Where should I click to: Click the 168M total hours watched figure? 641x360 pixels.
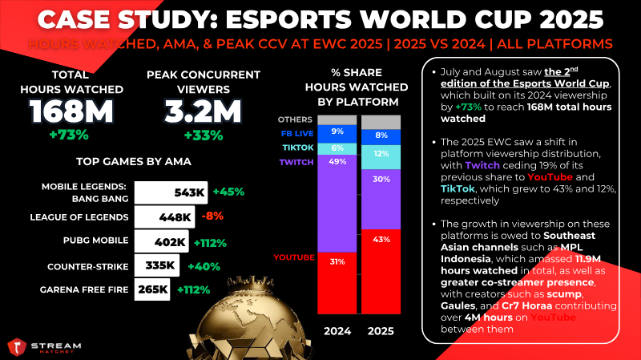point(71,111)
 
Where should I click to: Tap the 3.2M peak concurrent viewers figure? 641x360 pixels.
point(204,111)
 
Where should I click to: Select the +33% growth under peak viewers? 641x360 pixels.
point(204,136)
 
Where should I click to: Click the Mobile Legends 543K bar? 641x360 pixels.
point(171,192)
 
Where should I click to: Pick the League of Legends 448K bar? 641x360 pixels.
point(164,216)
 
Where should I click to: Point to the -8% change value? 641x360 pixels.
point(212,216)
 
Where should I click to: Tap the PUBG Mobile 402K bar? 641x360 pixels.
point(162,241)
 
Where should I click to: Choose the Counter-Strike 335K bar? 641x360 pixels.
point(156,265)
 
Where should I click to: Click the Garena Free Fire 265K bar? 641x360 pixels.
point(152,289)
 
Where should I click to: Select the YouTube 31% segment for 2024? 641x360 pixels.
point(337,283)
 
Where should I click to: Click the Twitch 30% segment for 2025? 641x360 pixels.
point(381,199)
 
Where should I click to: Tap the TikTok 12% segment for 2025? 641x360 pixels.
point(381,157)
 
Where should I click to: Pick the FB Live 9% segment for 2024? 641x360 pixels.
point(337,134)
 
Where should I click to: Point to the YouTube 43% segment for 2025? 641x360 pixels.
point(381,272)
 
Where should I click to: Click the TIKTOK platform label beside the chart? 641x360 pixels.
point(298,148)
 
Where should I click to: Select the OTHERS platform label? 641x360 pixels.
point(295,119)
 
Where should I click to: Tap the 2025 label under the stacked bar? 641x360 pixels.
point(381,331)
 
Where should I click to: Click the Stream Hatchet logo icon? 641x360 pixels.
point(17,347)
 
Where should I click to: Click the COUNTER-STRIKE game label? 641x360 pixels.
point(88,267)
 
